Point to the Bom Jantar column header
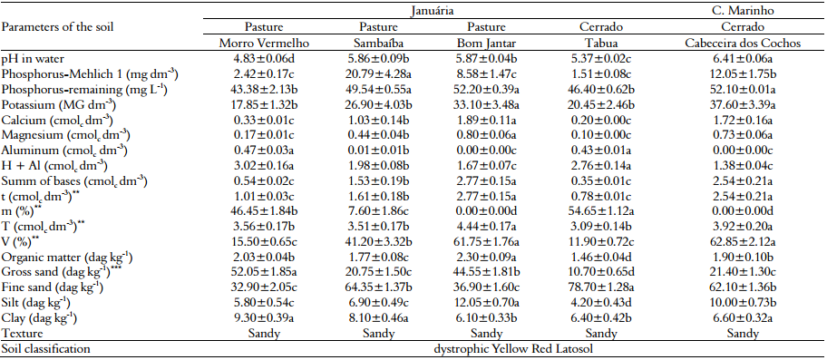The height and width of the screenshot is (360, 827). [486, 42]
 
